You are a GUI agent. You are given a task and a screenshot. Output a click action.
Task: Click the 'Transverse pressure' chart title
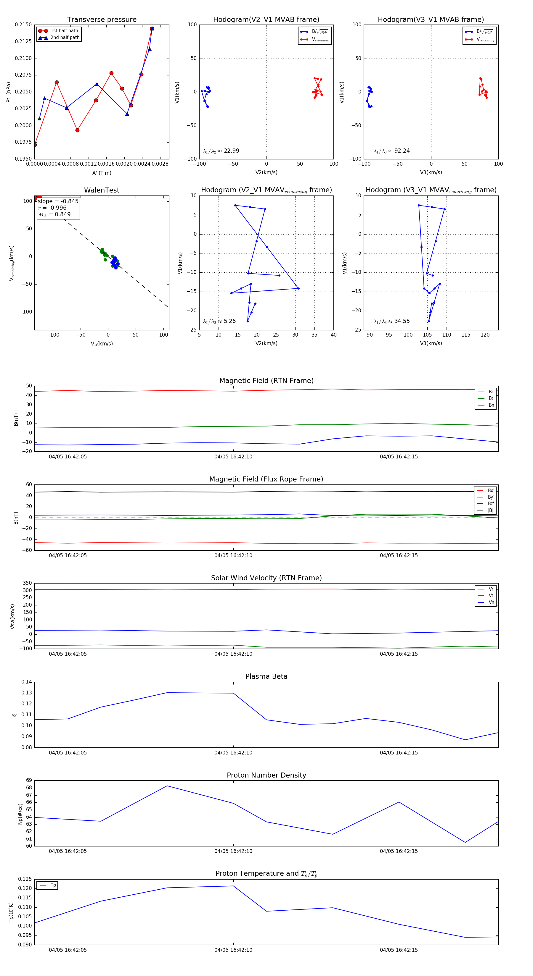point(102,20)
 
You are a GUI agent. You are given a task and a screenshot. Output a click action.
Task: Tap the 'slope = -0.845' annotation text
point(58,201)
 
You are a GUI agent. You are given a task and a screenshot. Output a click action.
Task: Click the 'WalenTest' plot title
point(102,190)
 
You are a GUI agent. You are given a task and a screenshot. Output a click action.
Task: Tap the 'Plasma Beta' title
point(266,676)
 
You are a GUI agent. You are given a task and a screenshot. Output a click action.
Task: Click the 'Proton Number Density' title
point(266,775)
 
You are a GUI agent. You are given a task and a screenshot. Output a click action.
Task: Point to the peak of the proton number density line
point(167,786)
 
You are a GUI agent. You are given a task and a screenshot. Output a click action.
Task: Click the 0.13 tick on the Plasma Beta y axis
point(27,693)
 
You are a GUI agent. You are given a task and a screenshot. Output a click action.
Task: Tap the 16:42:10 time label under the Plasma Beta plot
point(233,753)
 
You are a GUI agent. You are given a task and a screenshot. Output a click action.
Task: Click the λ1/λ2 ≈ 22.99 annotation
point(221,151)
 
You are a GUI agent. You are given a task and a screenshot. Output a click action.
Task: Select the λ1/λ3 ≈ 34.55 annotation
point(391,321)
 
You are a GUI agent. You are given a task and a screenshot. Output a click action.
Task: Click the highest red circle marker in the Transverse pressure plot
point(152,29)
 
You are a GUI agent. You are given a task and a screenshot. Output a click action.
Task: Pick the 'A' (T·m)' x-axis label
point(102,173)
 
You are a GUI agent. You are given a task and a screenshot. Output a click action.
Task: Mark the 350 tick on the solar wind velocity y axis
point(27,583)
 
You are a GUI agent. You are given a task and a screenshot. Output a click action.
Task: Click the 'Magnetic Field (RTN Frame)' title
point(266,381)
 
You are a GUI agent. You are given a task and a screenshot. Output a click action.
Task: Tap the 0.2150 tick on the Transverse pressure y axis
point(23,25)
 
